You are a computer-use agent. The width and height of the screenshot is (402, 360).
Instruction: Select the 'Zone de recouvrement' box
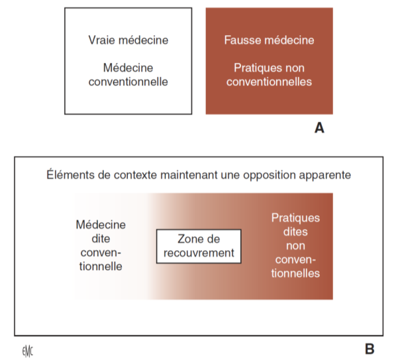click(199, 246)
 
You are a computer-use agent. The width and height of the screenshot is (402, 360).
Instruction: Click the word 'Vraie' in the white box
click(102, 40)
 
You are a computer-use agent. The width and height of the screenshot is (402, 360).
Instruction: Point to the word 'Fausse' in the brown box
click(242, 40)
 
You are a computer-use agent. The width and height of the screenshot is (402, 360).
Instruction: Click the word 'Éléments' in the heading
click(69, 175)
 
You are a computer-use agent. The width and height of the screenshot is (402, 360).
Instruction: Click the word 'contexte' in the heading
click(129, 175)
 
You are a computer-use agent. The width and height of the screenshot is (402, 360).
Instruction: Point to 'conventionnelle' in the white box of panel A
click(127, 82)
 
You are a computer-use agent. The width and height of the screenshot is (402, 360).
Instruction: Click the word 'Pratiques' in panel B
click(295, 218)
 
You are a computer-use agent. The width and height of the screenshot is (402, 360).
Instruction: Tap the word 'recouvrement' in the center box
click(199, 253)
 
